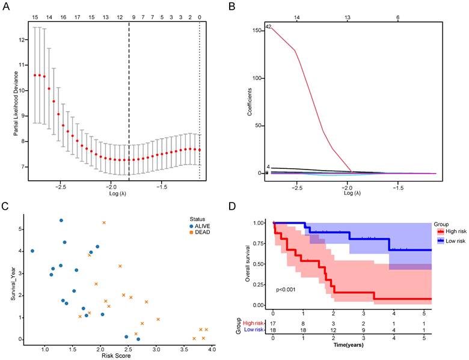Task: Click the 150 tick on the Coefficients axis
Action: click(x=259, y=30)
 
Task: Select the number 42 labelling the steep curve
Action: click(x=269, y=26)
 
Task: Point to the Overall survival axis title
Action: click(x=248, y=263)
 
